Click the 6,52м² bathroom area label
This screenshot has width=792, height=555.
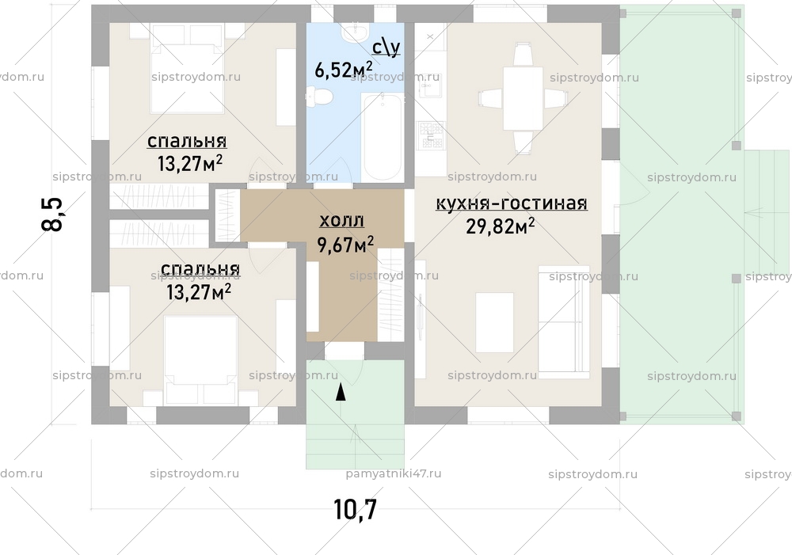coord(344,70)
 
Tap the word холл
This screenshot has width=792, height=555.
coord(341,221)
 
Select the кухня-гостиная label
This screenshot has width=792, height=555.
coord(511,204)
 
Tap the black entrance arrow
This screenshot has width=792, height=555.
coord(341,391)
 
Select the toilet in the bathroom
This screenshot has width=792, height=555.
coord(321,98)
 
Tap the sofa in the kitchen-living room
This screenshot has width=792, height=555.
coord(564,322)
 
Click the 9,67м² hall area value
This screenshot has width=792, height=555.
coord(346,245)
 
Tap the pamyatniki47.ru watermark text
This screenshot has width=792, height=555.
coord(394,473)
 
